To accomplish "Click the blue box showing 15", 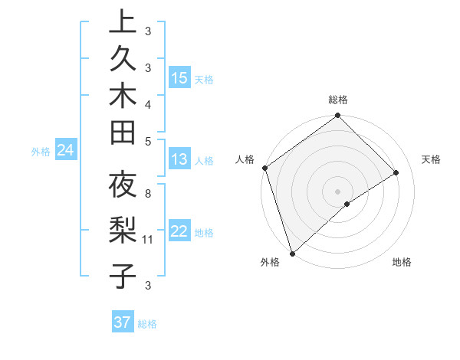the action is [179, 77].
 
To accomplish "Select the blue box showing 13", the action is [179, 159].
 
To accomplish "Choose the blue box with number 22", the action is [179, 231].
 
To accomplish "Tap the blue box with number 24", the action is [66, 150].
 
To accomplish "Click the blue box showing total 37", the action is [123, 322].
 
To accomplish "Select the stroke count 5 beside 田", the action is [147, 142].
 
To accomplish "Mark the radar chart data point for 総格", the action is [337, 116].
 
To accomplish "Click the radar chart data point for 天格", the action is [396, 173].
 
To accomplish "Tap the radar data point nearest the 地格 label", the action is [347, 204].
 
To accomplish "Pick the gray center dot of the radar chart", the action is [337, 191].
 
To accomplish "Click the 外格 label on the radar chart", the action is [269, 263].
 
